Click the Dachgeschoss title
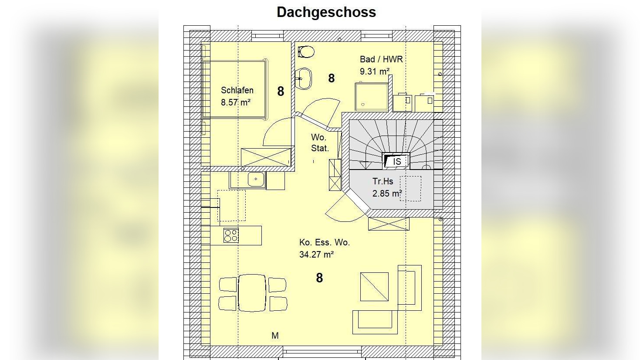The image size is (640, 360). (326, 13)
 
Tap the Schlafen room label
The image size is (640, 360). (237, 90)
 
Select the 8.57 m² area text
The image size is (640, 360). (236, 102)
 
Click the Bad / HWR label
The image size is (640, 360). (381, 59)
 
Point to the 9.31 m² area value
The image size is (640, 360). (375, 71)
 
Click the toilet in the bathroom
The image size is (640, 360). (306, 52)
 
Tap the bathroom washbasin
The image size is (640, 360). (303, 78)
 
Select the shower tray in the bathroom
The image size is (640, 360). (372, 97)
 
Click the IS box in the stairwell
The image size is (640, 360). (396, 161)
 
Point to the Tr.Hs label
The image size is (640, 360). (383, 181)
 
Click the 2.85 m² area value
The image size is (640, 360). (387, 194)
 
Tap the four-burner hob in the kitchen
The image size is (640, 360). (231, 236)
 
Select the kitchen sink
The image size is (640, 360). (256, 180)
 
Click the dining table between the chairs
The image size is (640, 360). (252, 293)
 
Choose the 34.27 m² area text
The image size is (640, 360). (317, 254)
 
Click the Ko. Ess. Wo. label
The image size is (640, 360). (325, 242)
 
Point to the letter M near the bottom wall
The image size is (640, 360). (275, 336)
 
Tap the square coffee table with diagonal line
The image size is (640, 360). (374, 287)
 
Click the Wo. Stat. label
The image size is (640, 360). (320, 143)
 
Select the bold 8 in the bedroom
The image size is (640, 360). (281, 92)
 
